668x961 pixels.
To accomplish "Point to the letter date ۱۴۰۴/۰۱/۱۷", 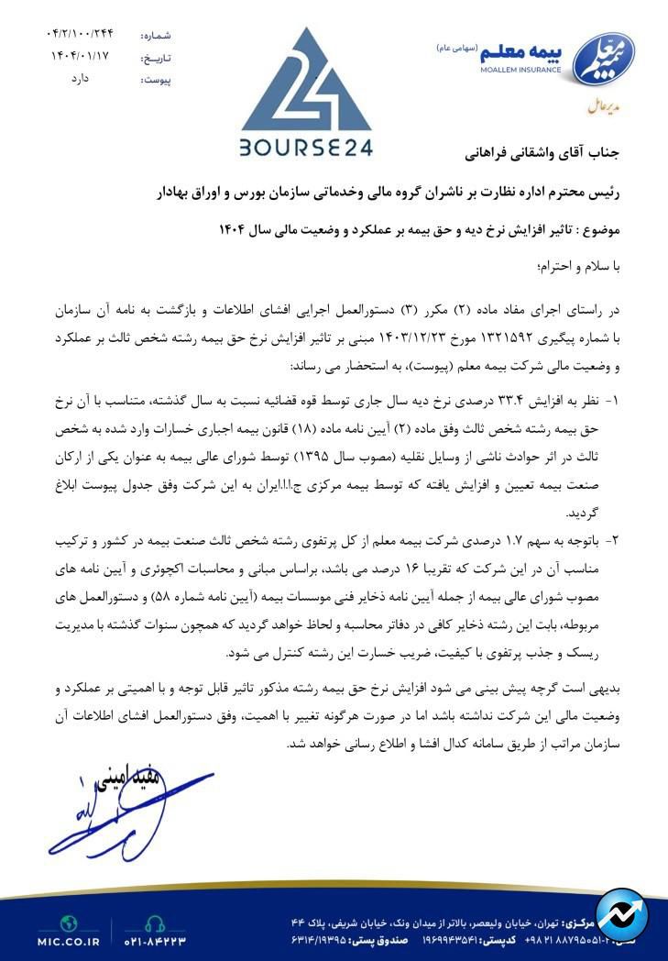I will pos(80,57).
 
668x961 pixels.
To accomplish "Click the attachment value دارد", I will pos(81,79).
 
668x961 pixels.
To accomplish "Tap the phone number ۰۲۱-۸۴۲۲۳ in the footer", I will pos(155,940).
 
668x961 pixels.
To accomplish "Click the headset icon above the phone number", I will pos(154,922).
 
